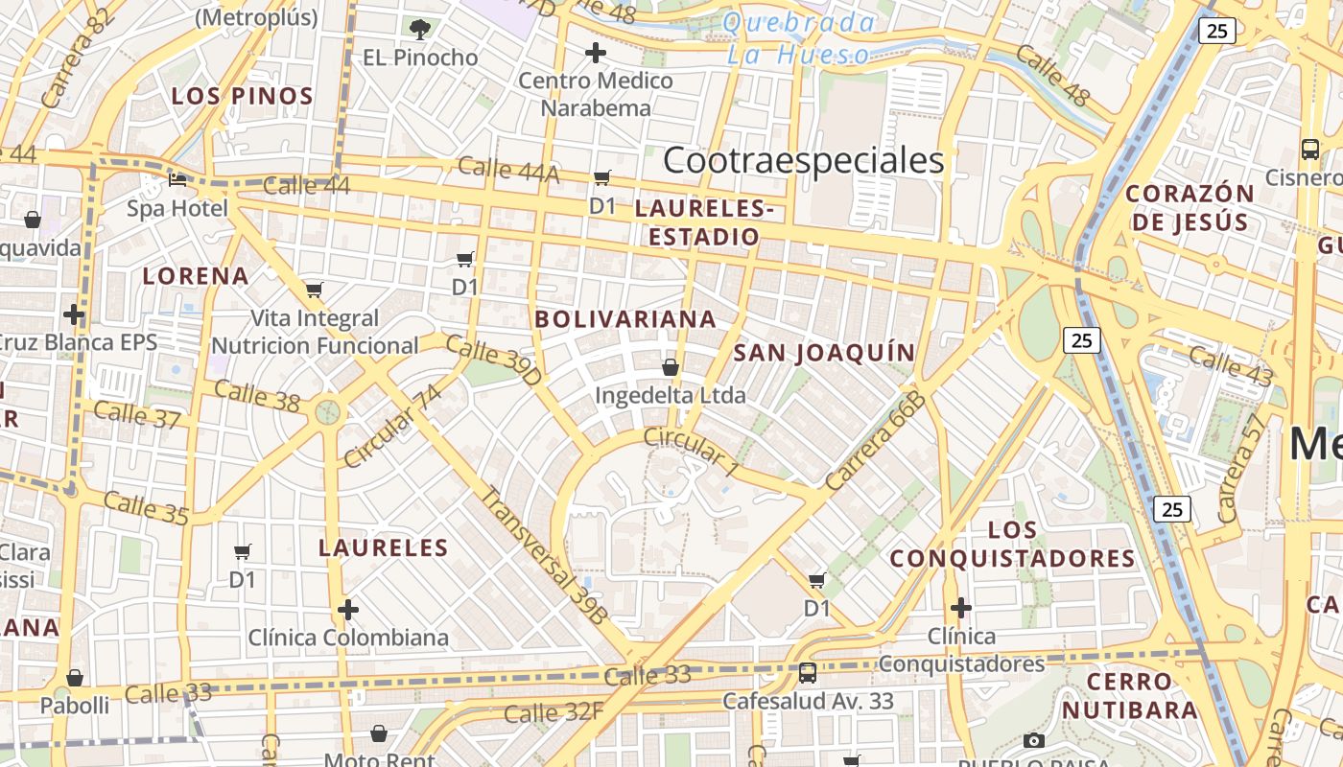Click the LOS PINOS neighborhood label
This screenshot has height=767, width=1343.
coord(242,96)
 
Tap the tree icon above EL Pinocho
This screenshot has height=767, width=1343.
coord(420,29)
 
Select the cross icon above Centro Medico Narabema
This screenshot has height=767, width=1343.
coord(596,53)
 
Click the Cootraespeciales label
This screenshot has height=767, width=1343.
coord(803,161)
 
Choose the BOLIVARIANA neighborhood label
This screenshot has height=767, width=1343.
coord(625,319)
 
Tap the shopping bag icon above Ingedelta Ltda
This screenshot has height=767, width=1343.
coord(671,367)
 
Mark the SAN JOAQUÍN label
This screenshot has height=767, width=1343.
coord(824,353)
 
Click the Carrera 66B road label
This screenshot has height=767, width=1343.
coord(874,442)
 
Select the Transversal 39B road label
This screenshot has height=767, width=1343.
coord(543,556)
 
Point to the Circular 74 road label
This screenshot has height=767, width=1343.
coord(393,427)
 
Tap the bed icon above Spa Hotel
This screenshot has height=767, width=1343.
coord(177,179)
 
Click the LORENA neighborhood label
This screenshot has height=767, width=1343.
coord(196,276)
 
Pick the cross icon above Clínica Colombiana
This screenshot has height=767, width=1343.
coord(348,610)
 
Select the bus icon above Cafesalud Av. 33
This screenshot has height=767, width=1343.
coord(808,673)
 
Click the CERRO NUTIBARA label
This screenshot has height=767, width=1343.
coord(1130,696)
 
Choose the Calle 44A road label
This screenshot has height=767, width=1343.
coord(508,170)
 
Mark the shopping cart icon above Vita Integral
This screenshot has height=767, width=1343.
coord(314,290)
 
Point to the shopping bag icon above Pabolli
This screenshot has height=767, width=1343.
coord(75,678)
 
